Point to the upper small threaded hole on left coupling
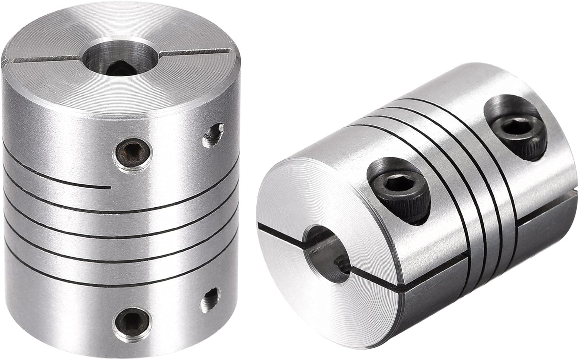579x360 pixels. click(x=213, y=135)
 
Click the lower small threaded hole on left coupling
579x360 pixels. click(x=208, y=299)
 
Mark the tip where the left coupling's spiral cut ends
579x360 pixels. click(x=109, y=188)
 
